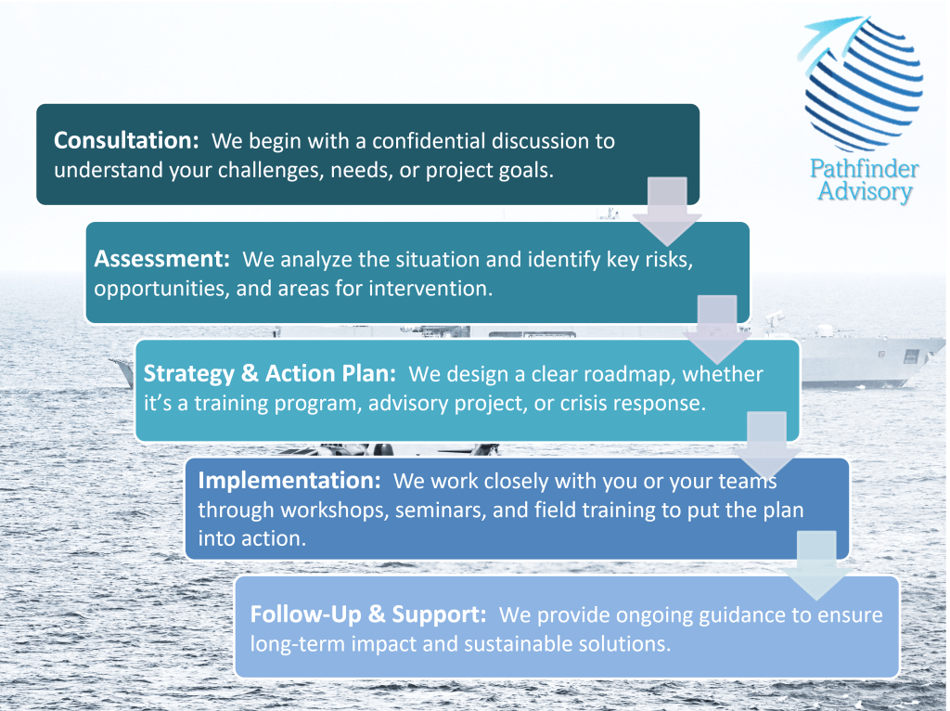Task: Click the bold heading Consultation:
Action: (126, 140)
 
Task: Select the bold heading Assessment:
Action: (161, 259)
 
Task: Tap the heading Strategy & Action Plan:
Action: (270, 373)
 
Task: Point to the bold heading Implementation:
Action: (289, 480)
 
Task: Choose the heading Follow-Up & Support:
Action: (368, 614)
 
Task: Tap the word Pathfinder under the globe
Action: (865, 169)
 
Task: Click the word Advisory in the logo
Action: (866, 191)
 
